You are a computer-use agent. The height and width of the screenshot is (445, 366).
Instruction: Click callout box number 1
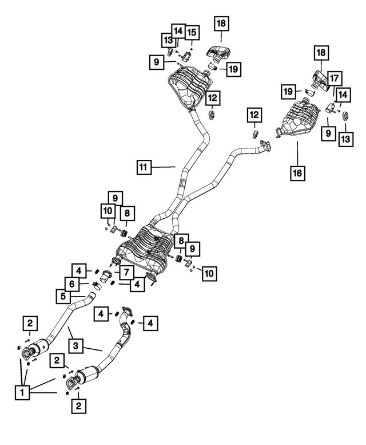(x=22, y=392)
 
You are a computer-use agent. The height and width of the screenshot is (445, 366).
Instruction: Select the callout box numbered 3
(x=75, y=346)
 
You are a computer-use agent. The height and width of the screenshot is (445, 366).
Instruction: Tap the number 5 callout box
(x=63, y=296)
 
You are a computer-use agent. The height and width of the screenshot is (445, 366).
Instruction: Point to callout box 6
(x=72, y=283)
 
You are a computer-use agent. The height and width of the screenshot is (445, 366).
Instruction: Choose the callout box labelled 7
(x=126, y=273)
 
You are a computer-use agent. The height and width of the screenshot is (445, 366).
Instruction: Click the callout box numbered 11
(x=144, y=167)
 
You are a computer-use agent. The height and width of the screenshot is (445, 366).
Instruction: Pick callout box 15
(x=192, y=32)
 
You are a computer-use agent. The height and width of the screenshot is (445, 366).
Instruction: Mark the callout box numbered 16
(x=297, y=172)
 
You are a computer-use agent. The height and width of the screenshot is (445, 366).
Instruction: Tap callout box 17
(x=335, y=78)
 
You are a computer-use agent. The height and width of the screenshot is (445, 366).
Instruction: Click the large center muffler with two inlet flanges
(x=145, y=249)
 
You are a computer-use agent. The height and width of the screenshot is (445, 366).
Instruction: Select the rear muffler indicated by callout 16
(x=297, y=119)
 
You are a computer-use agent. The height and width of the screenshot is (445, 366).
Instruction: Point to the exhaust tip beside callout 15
(x=218, y=54)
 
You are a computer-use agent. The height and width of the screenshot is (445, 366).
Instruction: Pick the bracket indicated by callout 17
(x=331, y=108)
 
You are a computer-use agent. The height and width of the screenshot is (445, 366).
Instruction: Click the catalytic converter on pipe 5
(x=40, y=345)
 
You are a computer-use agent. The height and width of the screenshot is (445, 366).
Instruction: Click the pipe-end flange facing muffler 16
(x=265, y=145)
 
